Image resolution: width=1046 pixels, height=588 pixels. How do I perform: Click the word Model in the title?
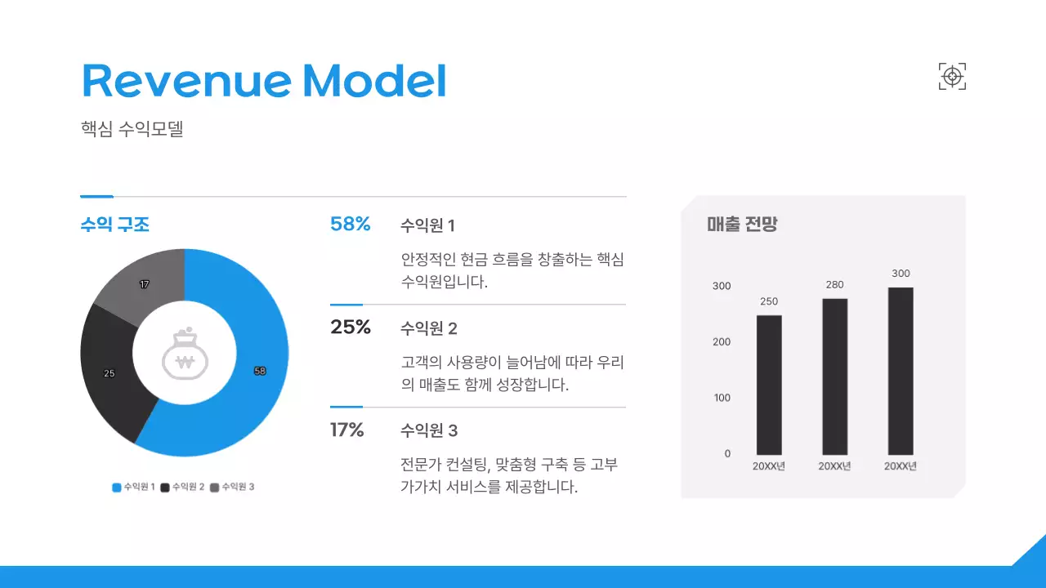374,80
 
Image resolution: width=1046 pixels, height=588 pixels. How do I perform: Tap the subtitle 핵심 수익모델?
132,129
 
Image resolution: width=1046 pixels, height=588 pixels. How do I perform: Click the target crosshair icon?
952,76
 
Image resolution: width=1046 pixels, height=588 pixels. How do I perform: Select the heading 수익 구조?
114,225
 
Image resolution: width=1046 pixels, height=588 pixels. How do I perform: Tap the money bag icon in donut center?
185,354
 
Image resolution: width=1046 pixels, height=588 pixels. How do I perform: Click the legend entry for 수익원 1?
134,487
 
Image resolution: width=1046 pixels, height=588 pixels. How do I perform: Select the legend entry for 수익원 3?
233,487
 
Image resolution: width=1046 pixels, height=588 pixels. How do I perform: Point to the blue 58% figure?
351,224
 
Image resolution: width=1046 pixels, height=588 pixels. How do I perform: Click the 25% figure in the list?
351,327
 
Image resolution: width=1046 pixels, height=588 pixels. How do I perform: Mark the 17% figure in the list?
347,430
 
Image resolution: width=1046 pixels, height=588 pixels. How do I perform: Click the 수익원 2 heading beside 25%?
429,328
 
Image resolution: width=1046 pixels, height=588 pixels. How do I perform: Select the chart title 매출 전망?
742,225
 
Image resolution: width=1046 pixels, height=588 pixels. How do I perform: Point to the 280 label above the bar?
834,284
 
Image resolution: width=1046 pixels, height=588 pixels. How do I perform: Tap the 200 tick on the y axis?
722,341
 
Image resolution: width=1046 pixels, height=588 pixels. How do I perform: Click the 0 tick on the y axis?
727,453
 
